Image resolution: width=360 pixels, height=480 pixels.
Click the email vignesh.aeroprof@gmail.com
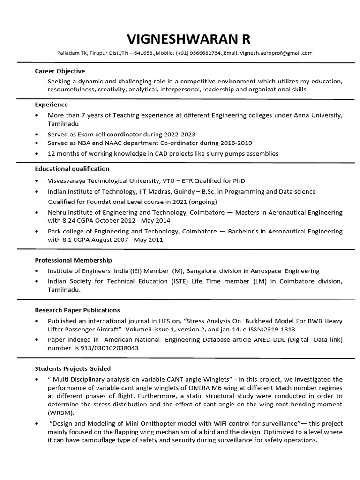click(276, 53)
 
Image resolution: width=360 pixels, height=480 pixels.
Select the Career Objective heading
click(60, 71)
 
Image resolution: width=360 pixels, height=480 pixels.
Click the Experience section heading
click(52, 105)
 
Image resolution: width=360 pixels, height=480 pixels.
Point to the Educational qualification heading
click(72, 168)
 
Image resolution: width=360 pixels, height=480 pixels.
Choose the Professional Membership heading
click(74, 260)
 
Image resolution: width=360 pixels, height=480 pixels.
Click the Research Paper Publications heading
click(77, 310)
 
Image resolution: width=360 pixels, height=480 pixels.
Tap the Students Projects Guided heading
click(73, 368)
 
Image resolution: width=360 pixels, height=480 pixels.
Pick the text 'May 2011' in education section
click(150, 240)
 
